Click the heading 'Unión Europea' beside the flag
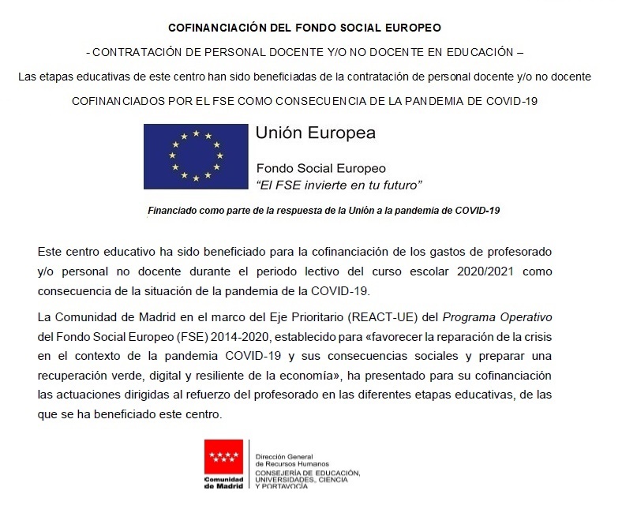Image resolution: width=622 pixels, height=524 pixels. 315,133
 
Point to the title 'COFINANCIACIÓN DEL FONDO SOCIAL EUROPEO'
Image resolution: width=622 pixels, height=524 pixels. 305,27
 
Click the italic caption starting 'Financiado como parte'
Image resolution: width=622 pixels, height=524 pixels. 324,211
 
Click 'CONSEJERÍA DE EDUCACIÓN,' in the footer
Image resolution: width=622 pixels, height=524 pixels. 307,473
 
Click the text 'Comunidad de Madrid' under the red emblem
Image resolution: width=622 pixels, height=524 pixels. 224,483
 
